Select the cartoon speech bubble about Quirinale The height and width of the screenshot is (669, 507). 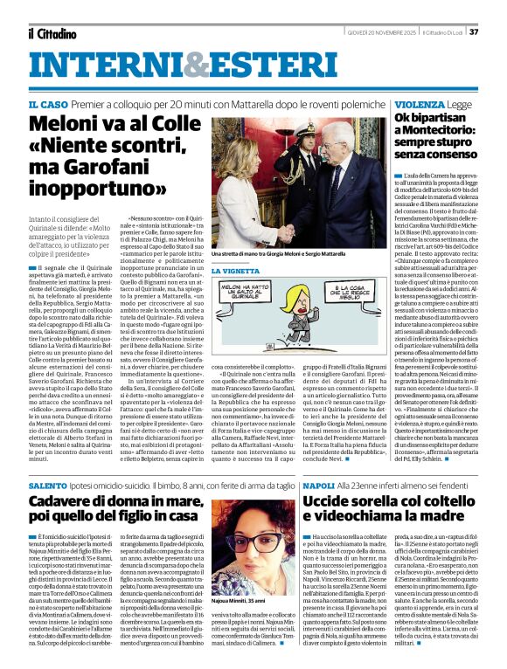(253, 300)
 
